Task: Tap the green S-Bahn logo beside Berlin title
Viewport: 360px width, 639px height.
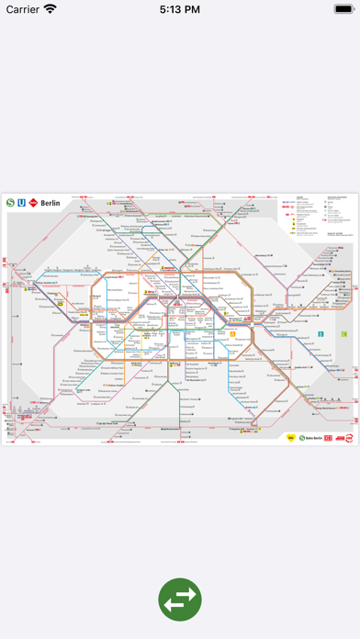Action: tap(9, 204)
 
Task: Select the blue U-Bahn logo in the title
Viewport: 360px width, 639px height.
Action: tap(20, 204)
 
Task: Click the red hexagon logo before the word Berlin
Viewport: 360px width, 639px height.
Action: tap(33, 204)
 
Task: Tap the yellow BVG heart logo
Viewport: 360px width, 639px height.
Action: tap(292, 439)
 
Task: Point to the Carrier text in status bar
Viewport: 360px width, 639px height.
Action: tap(24, 9)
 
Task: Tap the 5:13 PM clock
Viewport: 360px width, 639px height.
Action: tap(180, 9)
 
